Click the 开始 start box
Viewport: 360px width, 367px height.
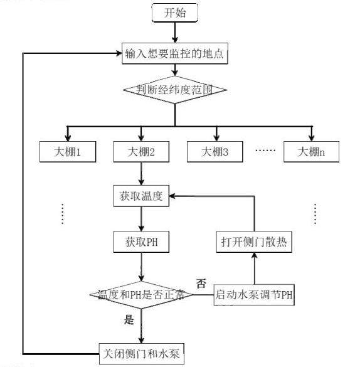[175, 13]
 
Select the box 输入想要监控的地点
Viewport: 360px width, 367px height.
[175, 53]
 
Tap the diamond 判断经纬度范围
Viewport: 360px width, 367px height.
[175, 90]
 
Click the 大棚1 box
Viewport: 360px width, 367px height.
[68, 152]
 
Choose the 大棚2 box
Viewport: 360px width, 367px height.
[141, 152]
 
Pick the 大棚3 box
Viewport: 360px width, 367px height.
[215, 152]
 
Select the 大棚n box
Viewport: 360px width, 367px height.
[311, 152]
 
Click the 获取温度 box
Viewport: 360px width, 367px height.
[141, 196]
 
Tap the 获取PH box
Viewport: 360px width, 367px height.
[141, 242]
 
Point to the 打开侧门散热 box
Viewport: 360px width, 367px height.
[254, 242]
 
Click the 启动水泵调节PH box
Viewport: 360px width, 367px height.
[254, 295]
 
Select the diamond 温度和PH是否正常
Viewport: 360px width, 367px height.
[141, 295]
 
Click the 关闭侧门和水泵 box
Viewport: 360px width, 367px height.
[142, 354]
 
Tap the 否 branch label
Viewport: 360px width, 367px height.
[201, 284]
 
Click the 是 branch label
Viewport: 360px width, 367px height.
[129, 319]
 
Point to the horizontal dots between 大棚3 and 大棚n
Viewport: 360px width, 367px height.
[265, 150]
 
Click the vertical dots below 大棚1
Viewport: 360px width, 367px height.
[63, 214]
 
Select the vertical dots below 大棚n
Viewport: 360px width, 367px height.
[315, 214]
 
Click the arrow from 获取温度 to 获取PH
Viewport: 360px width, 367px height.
[141, 219]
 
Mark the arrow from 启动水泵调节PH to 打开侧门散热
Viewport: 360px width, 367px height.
[255, 269]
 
